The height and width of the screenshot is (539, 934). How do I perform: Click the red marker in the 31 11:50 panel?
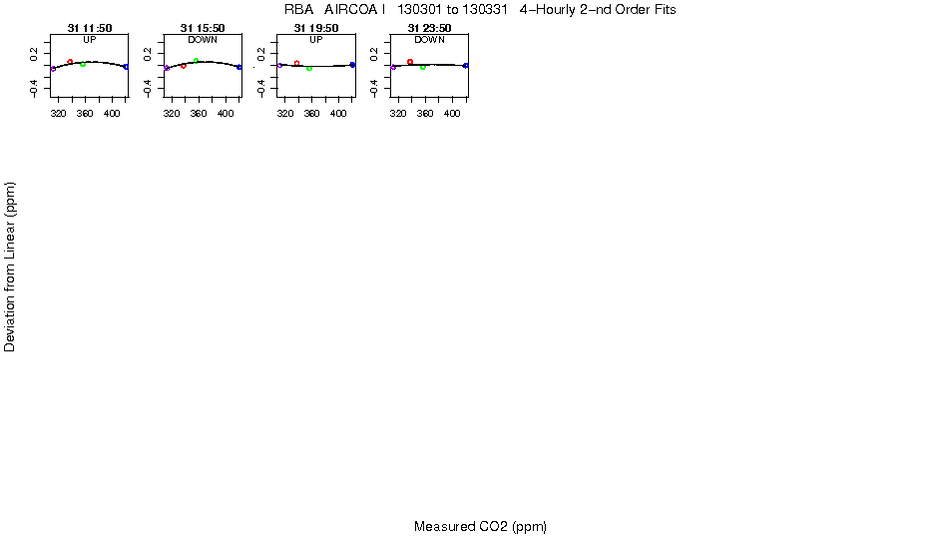(x=70, y=62)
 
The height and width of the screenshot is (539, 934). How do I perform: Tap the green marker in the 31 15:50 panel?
(x=197, y=61)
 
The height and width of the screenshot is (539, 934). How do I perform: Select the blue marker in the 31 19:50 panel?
(x=353, y=64)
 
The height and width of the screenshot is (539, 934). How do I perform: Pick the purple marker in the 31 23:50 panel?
(x=394, y=67)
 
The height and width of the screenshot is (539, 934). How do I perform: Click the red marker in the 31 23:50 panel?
(x=410, y=62)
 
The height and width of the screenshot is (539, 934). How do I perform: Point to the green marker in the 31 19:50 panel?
(x=309, y=68)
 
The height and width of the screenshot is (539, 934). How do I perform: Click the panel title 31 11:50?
(x=90, y=28)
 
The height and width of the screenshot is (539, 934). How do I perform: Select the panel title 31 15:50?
(x=203, y=28)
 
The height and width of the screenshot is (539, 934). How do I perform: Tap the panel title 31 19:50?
(x=316, y=28)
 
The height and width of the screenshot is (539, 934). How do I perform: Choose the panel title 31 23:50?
(x=429, y=28)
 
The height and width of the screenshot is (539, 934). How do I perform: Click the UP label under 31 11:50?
(x=90, y=40)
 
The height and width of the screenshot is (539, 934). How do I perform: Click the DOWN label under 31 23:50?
(x=429, y=40)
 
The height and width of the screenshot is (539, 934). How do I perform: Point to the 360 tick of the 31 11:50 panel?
(x=86, y=114)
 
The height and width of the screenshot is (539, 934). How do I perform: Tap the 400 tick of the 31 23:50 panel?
(x=453, y=114)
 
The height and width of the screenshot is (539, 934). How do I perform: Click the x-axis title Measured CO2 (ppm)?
(x=480, y=526)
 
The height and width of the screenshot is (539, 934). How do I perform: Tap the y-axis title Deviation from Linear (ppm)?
(x=10, y=267)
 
